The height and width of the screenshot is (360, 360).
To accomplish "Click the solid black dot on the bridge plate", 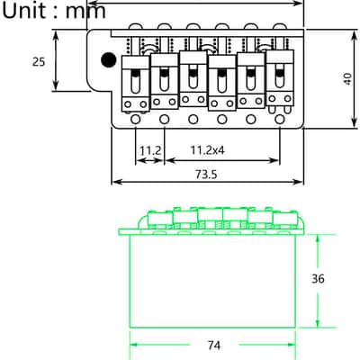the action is (109, 60).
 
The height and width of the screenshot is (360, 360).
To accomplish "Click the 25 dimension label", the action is (39, 62).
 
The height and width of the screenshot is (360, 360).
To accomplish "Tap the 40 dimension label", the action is (348, 79).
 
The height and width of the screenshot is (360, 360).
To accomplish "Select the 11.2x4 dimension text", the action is (208, 150).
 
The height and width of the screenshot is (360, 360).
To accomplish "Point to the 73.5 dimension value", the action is (206, 174).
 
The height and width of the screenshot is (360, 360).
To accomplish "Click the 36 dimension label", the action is (318, 279).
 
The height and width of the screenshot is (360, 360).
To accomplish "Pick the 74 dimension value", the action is (214, 346).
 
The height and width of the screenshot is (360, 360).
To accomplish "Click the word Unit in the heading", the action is (24, 11).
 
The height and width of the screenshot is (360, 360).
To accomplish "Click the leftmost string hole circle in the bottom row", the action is (136, 120).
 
